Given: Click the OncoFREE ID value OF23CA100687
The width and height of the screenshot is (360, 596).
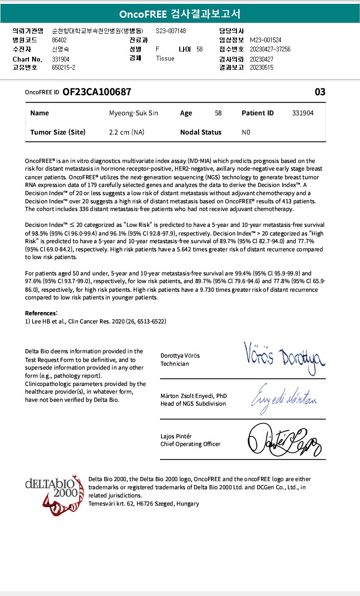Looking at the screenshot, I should coord(97,92).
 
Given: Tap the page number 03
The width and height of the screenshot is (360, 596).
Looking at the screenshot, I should coord(320,92).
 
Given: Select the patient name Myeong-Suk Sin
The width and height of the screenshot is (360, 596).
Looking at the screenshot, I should coord(134,113).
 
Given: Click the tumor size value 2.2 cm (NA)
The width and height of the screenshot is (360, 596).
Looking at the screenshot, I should coord(127,132).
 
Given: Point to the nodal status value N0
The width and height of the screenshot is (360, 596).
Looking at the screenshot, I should coord(246,132).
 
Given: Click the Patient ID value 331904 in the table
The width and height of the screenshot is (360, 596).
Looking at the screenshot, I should coord(303,113).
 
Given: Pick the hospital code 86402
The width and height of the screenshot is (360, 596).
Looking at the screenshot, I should coord(60,40).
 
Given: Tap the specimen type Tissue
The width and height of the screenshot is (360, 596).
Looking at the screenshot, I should coord(165,58).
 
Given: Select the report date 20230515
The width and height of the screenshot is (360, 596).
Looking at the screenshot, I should coord(261,67).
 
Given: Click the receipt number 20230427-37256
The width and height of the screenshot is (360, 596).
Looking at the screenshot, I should coord(270,49).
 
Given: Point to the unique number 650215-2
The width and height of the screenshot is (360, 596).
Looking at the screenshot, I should coord(63,67).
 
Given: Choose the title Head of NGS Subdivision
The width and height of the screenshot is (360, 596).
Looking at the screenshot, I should coord(193,404).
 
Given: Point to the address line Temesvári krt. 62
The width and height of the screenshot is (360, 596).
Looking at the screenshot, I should coord(144,504).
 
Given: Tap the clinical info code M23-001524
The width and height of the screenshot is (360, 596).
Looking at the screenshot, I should coord(266,40).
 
